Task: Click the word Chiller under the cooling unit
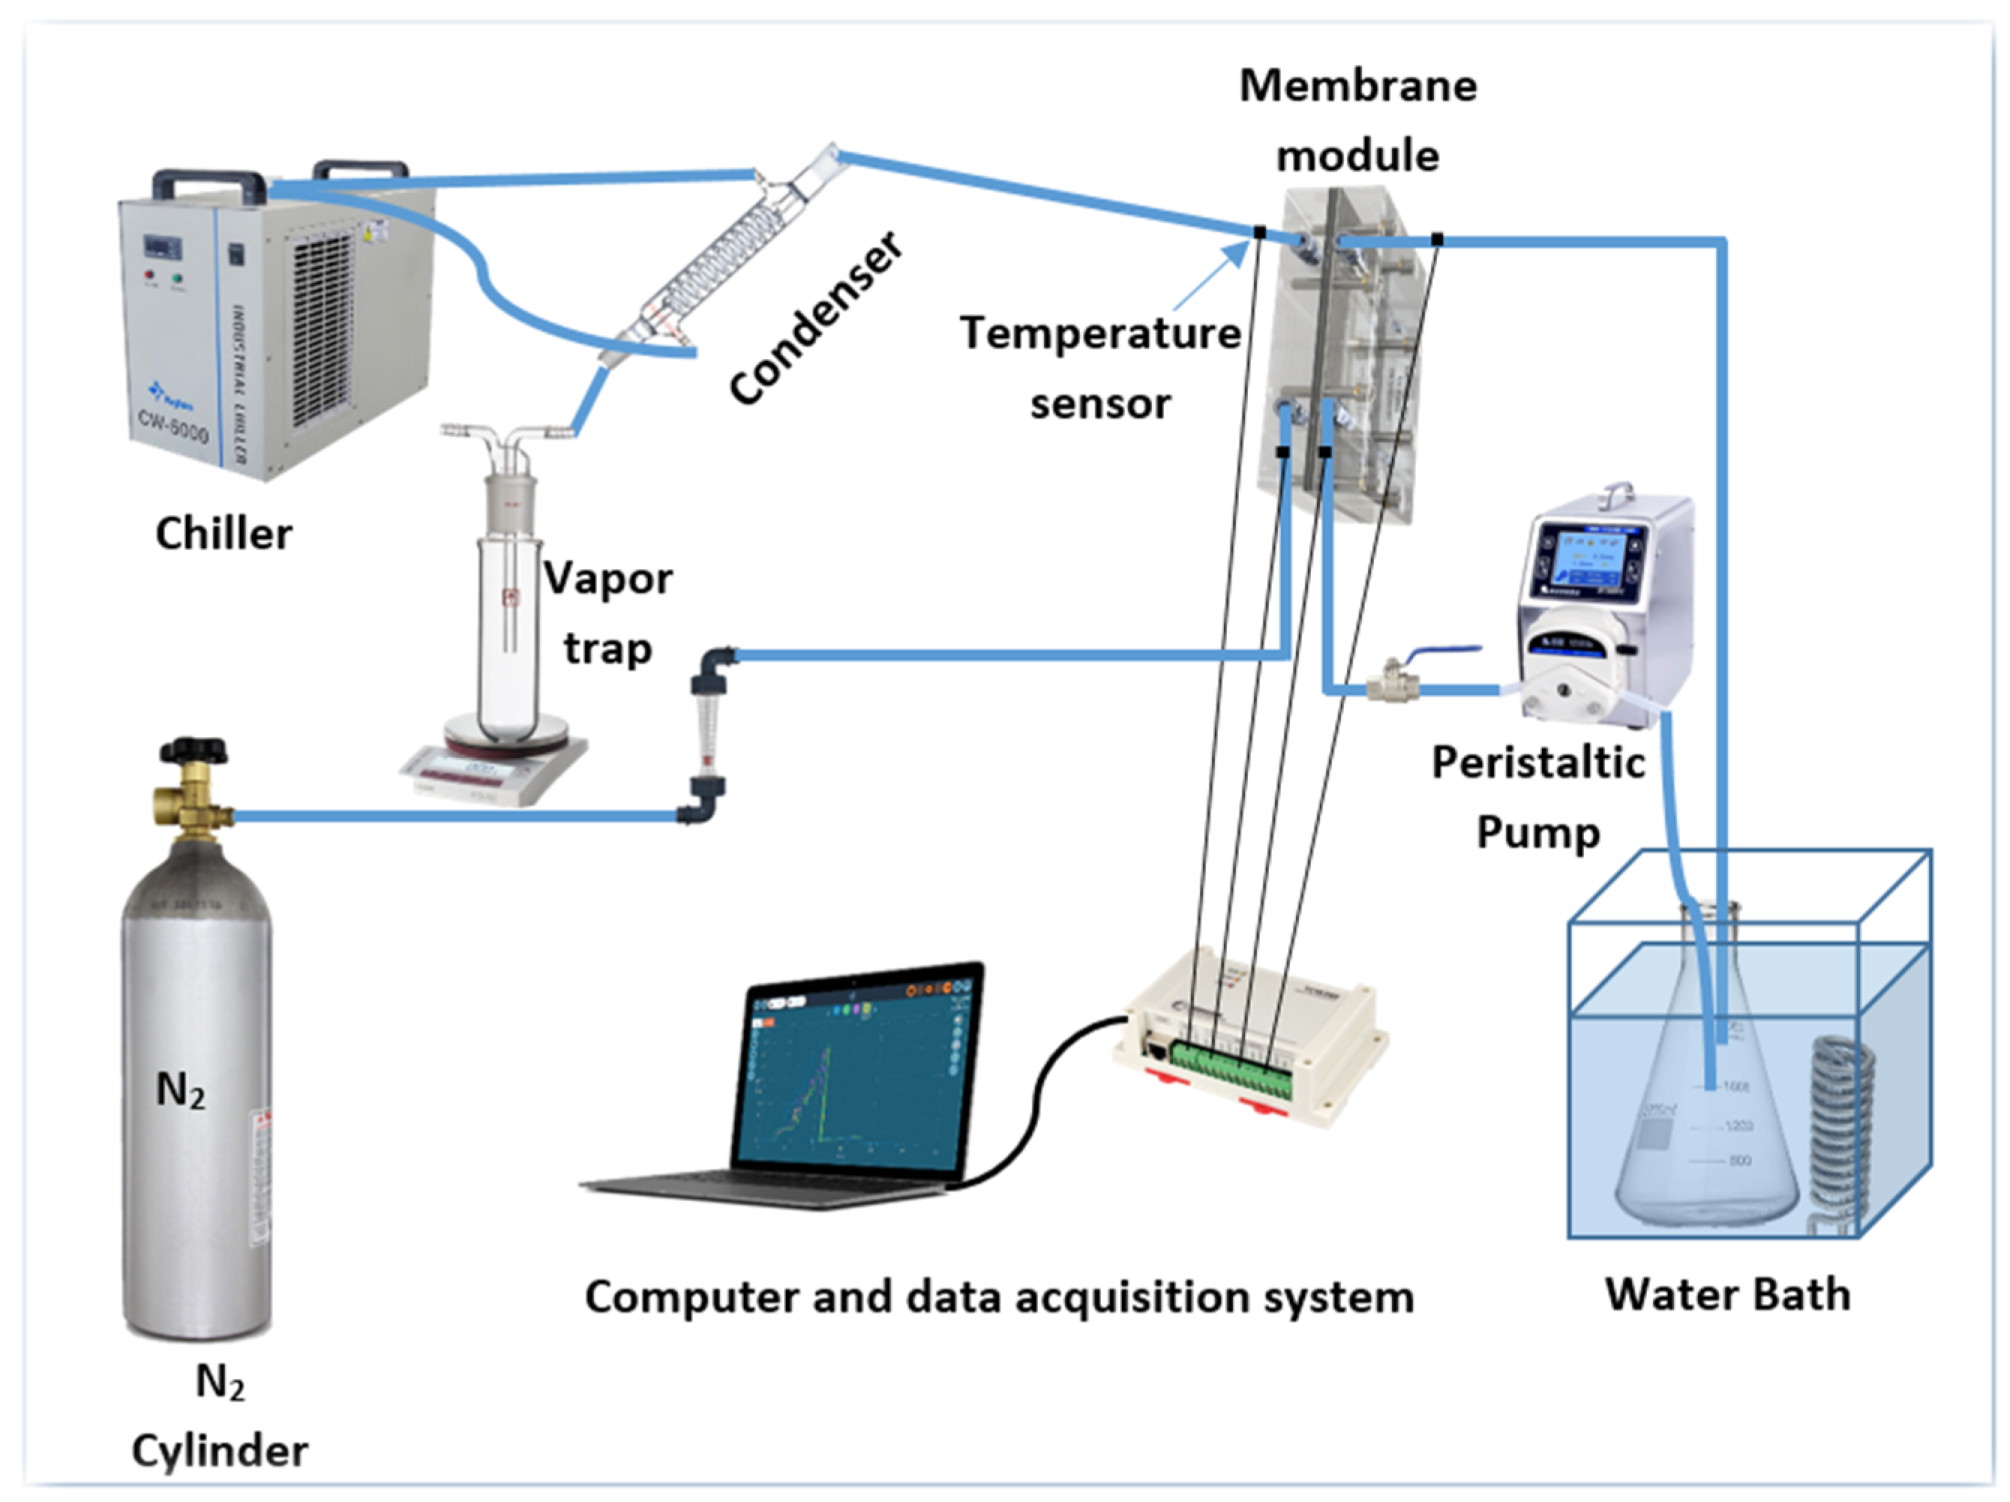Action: (x=223, y=533)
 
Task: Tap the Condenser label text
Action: (x=816, y=318)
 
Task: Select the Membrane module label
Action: (x=1357, y=120)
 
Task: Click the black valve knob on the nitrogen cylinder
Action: (x=193, y=751)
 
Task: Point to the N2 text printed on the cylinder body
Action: (x=181, y=1090)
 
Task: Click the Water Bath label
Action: (x=1727, y=1294)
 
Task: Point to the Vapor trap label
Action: (x=607, y=613)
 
